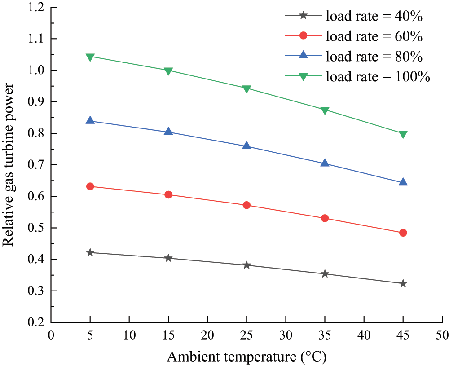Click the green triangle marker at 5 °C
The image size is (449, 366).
(x=90, y=57)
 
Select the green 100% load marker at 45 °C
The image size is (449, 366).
(x=403, y=134)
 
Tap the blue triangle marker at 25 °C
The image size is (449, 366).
(x=247, y=146)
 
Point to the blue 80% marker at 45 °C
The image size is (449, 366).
(x=403, y=182)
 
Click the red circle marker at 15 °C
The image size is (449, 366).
(x=168, y=194)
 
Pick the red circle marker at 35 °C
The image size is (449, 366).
(x=325, y=218)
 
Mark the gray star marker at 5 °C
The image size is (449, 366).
(x=90, y=252)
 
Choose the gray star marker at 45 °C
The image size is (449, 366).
(x=403, y=283)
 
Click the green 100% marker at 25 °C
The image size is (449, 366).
(x=247, y=89)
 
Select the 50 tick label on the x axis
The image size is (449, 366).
(x=442, y=335)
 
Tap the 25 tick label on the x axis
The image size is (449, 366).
(x=247, y=335)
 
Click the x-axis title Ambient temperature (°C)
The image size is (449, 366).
(x=247, y=357)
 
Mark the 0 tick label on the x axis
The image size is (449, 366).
(x=51, y=335)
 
